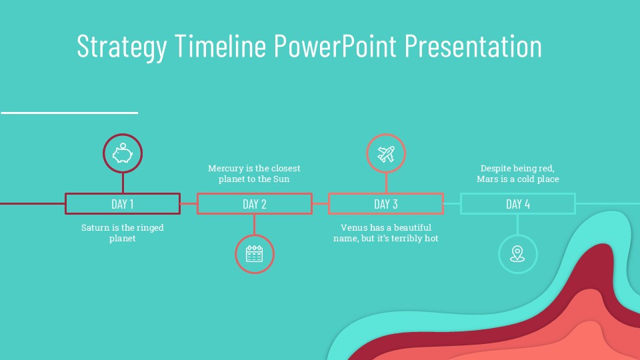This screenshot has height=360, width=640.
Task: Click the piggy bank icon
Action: pos(123,153)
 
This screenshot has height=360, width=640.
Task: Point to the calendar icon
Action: pos(254,254)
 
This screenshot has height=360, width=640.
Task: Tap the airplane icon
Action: pos(386,154)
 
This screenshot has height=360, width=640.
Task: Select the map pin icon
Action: pos(517,254)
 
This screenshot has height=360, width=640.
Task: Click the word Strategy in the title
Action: pos(121,47)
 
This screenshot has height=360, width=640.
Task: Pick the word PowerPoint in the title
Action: pos(335,45)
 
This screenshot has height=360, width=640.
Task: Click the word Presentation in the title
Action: pos(473,45)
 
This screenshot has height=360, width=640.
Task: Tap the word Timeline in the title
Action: pos(221,45)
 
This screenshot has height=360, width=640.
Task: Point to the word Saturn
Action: pos(94,227)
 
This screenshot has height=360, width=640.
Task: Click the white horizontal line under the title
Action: pos(69,113)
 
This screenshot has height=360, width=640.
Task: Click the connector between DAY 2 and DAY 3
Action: pos(321,204)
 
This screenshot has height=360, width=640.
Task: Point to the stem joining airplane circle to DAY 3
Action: pos(386,183)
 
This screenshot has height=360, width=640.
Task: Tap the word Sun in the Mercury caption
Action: pos(281,179)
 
